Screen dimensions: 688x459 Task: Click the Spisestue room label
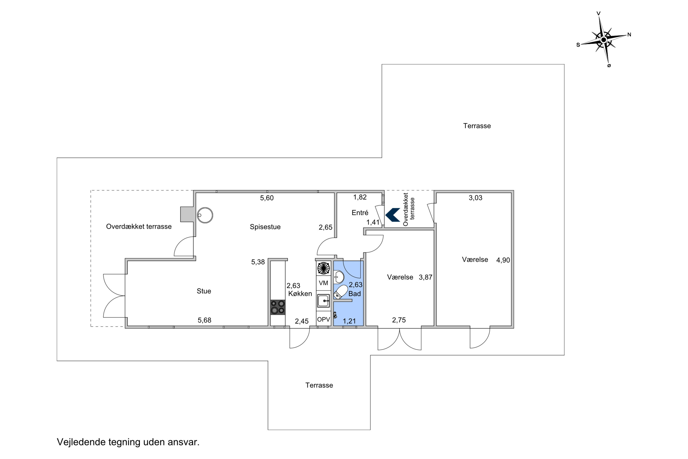[x=265, y=227]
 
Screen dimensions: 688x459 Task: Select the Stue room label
[x=204, y=291]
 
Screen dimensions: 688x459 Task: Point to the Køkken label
[x=300, y=294]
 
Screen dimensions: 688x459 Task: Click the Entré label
[x=360, y=213]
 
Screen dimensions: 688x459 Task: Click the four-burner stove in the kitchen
[x=277, y=307]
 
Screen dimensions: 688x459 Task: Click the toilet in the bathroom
[x=341, y=292]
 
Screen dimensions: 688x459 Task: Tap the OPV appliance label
[x=324, y=320]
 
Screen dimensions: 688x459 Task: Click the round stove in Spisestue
[x=205, y=216]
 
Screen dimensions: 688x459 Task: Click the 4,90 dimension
[x=503, y=260]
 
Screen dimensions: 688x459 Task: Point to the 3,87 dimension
[x=426, y=277]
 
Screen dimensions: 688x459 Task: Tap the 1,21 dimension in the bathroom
[x=349, y=321]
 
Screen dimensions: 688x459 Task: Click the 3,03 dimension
[x=476, y=198]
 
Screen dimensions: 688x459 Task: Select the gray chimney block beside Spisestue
[x=187, y=214]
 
